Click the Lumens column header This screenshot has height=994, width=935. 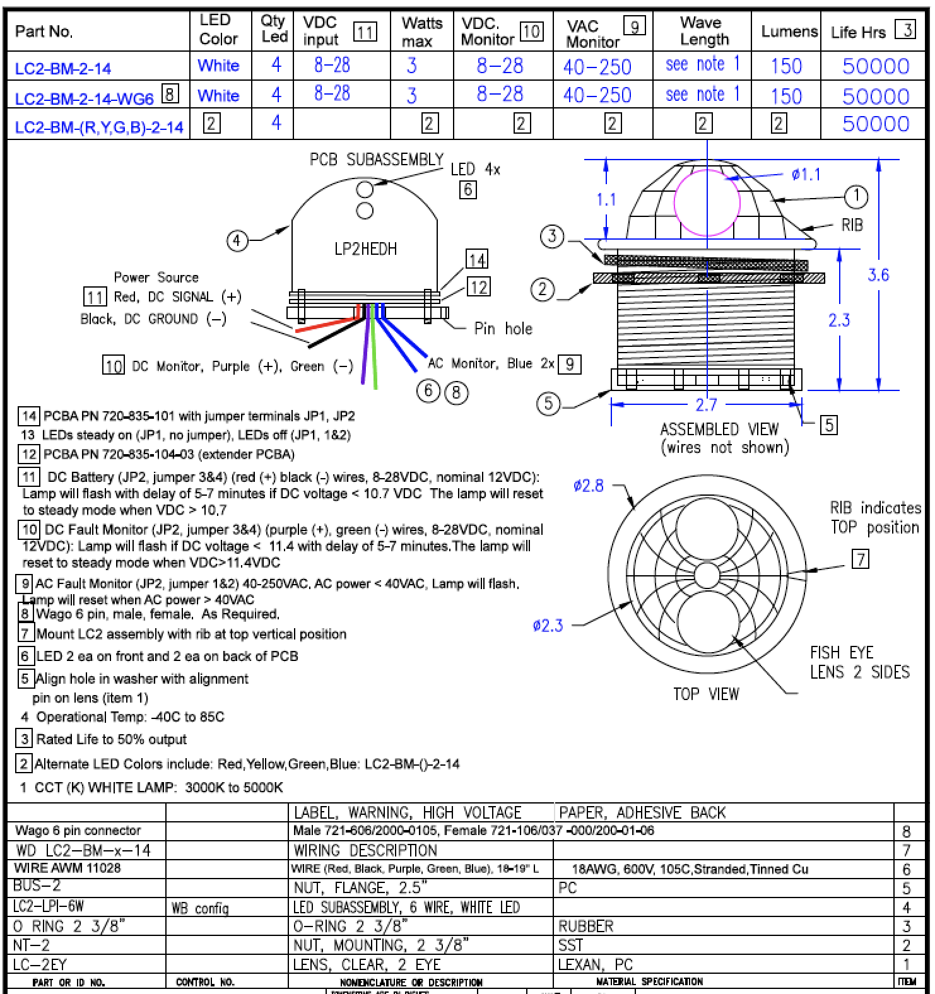(x=789, y=32)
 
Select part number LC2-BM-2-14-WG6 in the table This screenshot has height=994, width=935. (x=84, y=98)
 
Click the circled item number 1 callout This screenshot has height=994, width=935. (x=856, y=196)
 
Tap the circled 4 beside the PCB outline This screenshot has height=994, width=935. (x=237, y=240)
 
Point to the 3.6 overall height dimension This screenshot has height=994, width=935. (x=878, y=275)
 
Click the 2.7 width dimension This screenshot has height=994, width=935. (x=706, y=405)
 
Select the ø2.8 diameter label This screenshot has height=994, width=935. (x=589, y=486)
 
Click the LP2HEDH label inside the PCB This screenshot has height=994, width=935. (x=365, y=249)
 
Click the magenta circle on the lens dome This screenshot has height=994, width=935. (x=707, y=202)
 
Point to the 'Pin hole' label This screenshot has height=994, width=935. (x=503, y=329)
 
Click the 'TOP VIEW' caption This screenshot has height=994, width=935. (x=705, y=694)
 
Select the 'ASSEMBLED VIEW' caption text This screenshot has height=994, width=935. (x=719, y=430)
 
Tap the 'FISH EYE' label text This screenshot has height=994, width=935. (x=842, y=652)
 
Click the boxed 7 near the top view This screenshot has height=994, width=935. (x=861, y=559)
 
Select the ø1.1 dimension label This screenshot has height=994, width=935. (x=806, y=175)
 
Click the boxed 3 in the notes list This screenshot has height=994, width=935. (x=25, y=739)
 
